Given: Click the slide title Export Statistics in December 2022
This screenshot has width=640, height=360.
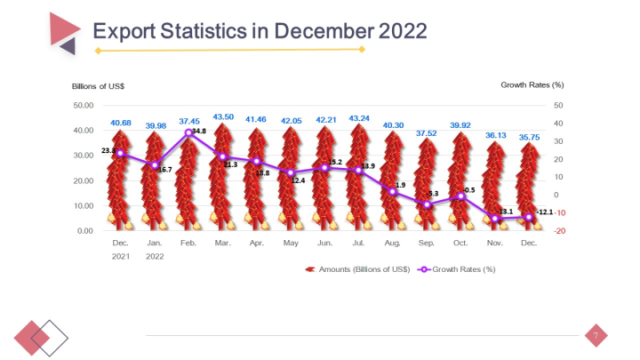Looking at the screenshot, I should coord(260,31).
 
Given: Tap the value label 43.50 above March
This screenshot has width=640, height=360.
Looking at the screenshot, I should coord(223,116).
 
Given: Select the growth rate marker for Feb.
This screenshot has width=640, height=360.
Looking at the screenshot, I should coord(188,132).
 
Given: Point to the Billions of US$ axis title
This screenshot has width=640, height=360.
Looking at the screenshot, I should coord(98,85).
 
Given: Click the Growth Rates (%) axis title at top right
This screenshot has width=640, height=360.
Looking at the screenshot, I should coord(532,85).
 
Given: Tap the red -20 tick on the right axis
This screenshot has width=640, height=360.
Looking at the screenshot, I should coord(558,231).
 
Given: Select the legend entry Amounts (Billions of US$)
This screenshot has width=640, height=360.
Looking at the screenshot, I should coord(356,268).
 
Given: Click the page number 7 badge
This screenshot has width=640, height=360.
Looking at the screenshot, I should coord(596,335).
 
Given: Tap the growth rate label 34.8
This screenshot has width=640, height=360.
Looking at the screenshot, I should coord(198,131).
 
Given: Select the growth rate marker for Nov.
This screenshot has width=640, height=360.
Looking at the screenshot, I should coord(495,218).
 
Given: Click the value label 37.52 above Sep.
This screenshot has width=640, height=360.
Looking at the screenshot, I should coord(427,133).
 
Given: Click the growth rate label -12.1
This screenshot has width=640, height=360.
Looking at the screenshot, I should coord(545,212).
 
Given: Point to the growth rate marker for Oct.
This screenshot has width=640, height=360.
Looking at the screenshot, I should coord(460,196).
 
